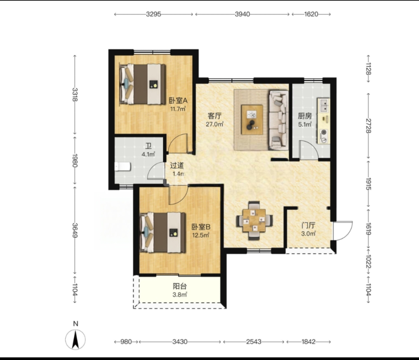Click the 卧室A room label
[x=178, y=101]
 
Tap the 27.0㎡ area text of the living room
[x=214, y=124]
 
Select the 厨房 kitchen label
[x=305, y=116]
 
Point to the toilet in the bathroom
[x=122, y=167]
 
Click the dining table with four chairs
[x=254, y=220]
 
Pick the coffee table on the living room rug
[x=252, y=119]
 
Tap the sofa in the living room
[x=278, y=120]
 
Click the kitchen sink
[x=324, y=105]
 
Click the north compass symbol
[x=75, y=339]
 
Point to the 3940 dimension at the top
[x=242, y=14]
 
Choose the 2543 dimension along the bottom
[x=254, y=341]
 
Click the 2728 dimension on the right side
[x=369, y=126]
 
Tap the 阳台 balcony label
[x=179, y=286]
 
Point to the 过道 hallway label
[x=177, y=166]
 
